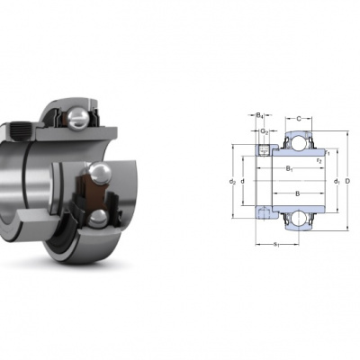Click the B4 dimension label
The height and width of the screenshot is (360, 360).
click(x=260, y=115)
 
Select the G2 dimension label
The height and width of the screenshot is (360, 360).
click(x=265, y=131)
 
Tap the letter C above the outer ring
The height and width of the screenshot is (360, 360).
click(x=299, y=119)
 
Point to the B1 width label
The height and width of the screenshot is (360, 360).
click(x=289, y=168)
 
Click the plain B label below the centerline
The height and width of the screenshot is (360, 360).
click(x=298, y=193)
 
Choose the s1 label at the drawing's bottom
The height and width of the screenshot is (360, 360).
click(x=276, y=245)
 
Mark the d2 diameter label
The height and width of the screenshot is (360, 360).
click(x=232, y=181)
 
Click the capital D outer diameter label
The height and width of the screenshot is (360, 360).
click(x=347, y=181)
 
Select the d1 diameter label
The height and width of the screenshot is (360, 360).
click(x=337, y=181)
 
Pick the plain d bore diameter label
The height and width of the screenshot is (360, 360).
click(x=242, y=181)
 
